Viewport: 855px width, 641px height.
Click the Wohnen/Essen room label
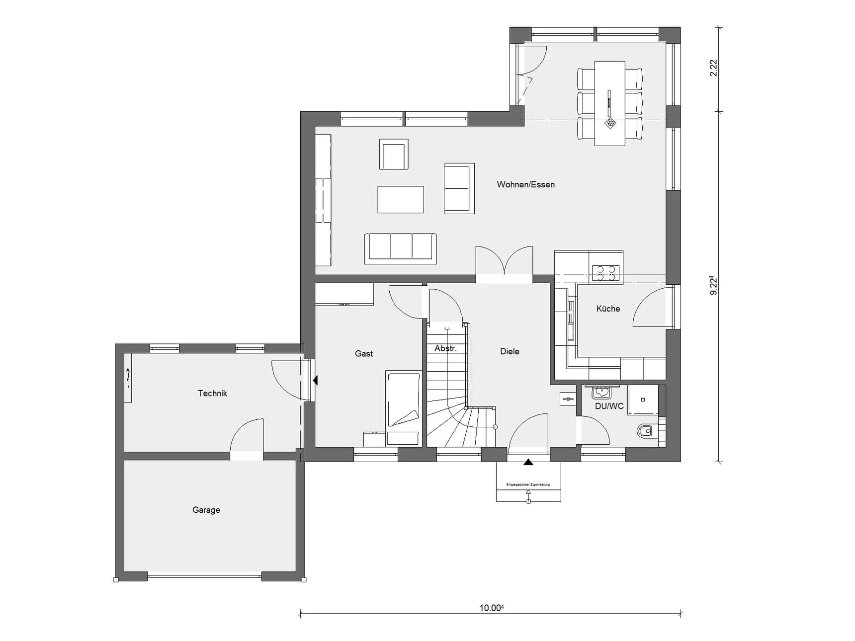(x=525, y=184)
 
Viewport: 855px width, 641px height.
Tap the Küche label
(x=608, y=309)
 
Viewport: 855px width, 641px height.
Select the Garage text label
(x=206, y=510)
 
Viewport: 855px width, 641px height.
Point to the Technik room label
(x=212, y=393)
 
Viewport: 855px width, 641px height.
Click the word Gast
(x=363, y=353)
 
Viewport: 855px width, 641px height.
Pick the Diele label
(x=510, y=351)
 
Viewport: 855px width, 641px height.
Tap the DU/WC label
(x=609, y=406)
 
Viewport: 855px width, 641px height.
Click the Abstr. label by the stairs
(x=445, y=348)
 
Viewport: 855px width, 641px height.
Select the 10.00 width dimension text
(x=491, y=608)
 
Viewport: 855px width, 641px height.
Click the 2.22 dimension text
(x=713, y=68)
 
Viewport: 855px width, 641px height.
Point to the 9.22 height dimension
(x=713, y=286)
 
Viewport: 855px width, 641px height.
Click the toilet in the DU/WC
(x=645, y=431)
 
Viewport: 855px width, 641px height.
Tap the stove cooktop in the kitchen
(x=605, y=273)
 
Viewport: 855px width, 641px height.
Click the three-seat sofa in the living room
(x=400, y=247)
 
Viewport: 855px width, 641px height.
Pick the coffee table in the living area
(x=401, y=199)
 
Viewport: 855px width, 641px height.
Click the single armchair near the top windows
(x=394, y=155)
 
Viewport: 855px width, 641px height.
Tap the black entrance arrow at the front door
(x=528, y=462)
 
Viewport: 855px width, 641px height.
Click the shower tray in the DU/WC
(x=643, y=400)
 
